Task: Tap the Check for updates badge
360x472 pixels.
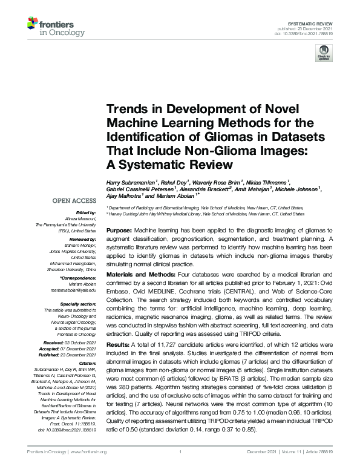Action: point(322,54)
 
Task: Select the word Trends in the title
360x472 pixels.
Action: point(128,109)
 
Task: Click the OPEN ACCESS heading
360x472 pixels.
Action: point(75,200)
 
